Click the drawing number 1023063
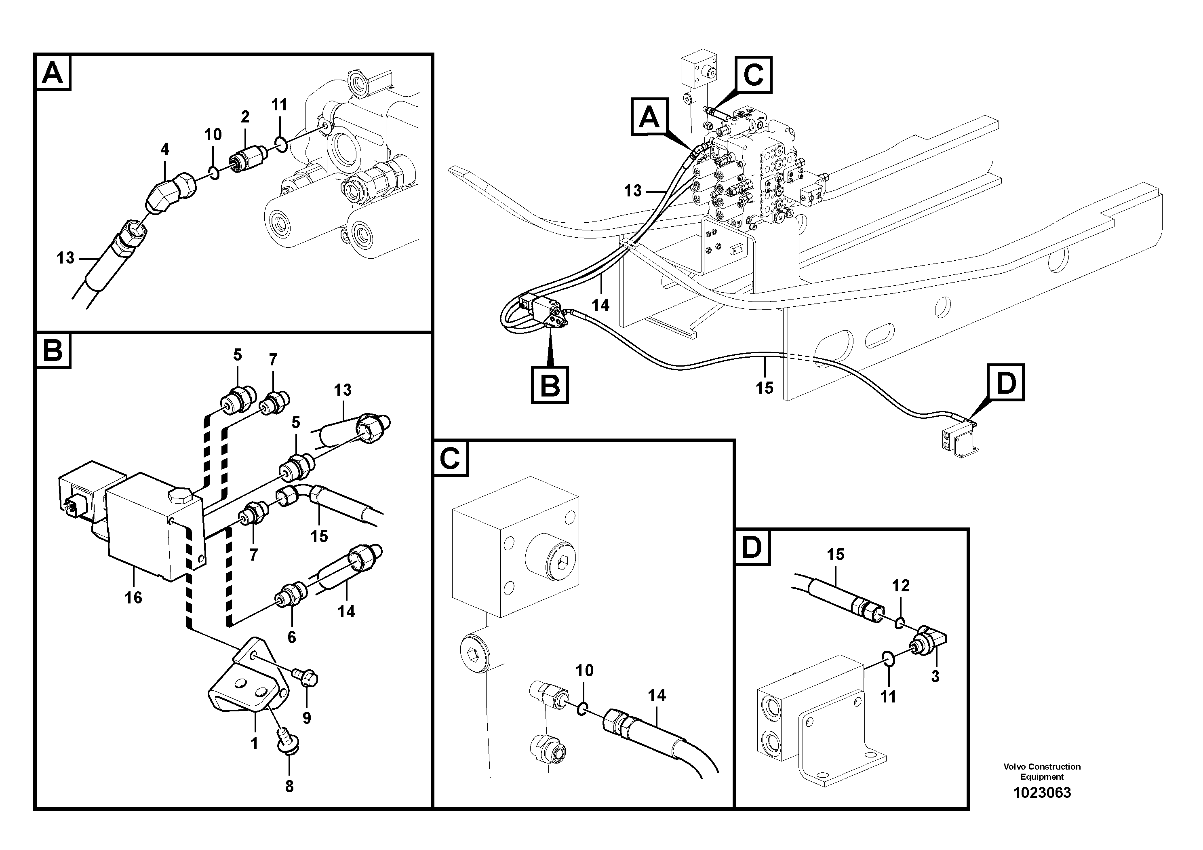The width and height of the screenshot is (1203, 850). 1042,793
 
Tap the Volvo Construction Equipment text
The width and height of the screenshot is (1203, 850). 1042,772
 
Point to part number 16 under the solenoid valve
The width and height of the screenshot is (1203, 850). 133,597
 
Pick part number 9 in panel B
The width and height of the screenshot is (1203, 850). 307,717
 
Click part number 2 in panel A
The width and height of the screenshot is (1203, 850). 245,116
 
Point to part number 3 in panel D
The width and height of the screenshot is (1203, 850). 935,677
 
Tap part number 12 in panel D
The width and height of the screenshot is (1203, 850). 901,585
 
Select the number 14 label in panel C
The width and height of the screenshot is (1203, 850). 657,696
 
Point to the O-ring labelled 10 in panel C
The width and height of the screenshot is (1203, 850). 581,710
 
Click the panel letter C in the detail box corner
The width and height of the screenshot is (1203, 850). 449,458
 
